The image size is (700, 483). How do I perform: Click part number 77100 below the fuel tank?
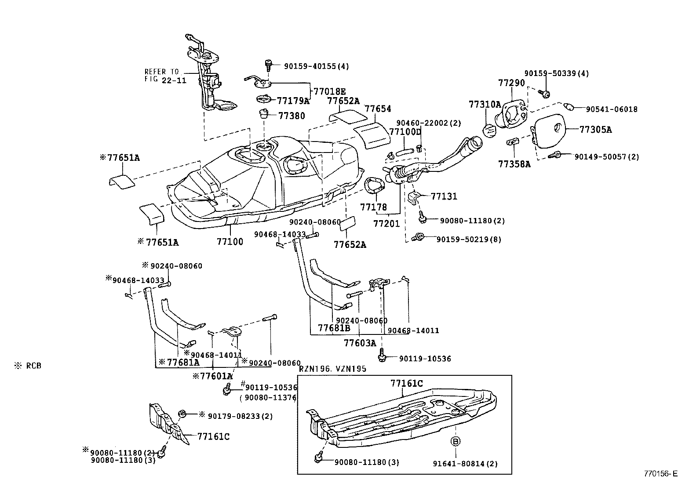(230, 242)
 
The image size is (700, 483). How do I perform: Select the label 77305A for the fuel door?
(595, 130)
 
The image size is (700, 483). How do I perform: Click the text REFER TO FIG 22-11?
(162, 76)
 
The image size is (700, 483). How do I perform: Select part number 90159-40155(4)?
(316, 66)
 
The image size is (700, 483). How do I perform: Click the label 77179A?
(293, 101)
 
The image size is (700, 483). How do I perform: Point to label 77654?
(378, 109)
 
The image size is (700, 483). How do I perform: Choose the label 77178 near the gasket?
(374, 207)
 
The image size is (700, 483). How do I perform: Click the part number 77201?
(386, 224)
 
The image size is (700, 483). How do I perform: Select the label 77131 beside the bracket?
(444, 196)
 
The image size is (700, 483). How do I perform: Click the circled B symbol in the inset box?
(455, 441)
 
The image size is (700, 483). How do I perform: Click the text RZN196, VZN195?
(332, 369)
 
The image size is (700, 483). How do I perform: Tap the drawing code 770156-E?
(660, 474)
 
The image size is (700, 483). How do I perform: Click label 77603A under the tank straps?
(360, 342)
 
